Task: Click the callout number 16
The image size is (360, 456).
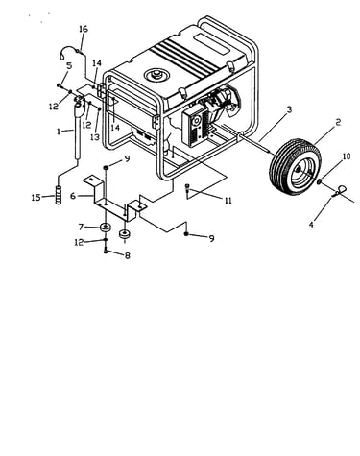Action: point(83,29)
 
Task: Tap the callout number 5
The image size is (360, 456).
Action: point(69,65)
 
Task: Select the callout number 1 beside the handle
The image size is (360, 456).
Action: point(59,132)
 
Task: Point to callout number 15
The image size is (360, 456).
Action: point(36,198)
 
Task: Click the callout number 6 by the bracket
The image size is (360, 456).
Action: point(73,196)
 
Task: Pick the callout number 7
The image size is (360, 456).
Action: point(81,227)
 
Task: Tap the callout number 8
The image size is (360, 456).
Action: point(128,255)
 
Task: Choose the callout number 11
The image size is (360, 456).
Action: point(228,201)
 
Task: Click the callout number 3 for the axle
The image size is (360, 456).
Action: point(289,109)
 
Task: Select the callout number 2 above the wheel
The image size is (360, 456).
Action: point(338,122)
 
